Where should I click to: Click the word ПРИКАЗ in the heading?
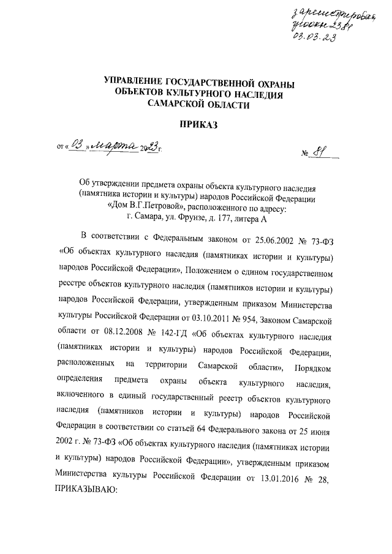(x=195, y=125)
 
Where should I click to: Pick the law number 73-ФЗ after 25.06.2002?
(x=321, y=253)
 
